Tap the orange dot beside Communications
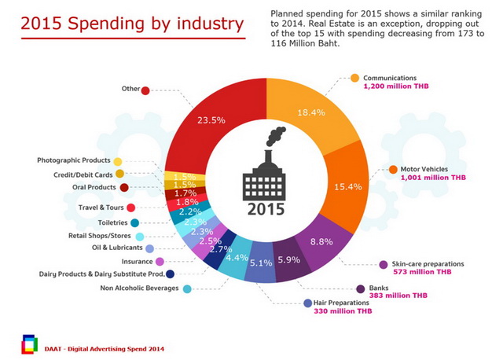(x=354, y=78)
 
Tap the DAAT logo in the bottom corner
(x=30, y=343)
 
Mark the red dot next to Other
(x=145, y=90)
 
